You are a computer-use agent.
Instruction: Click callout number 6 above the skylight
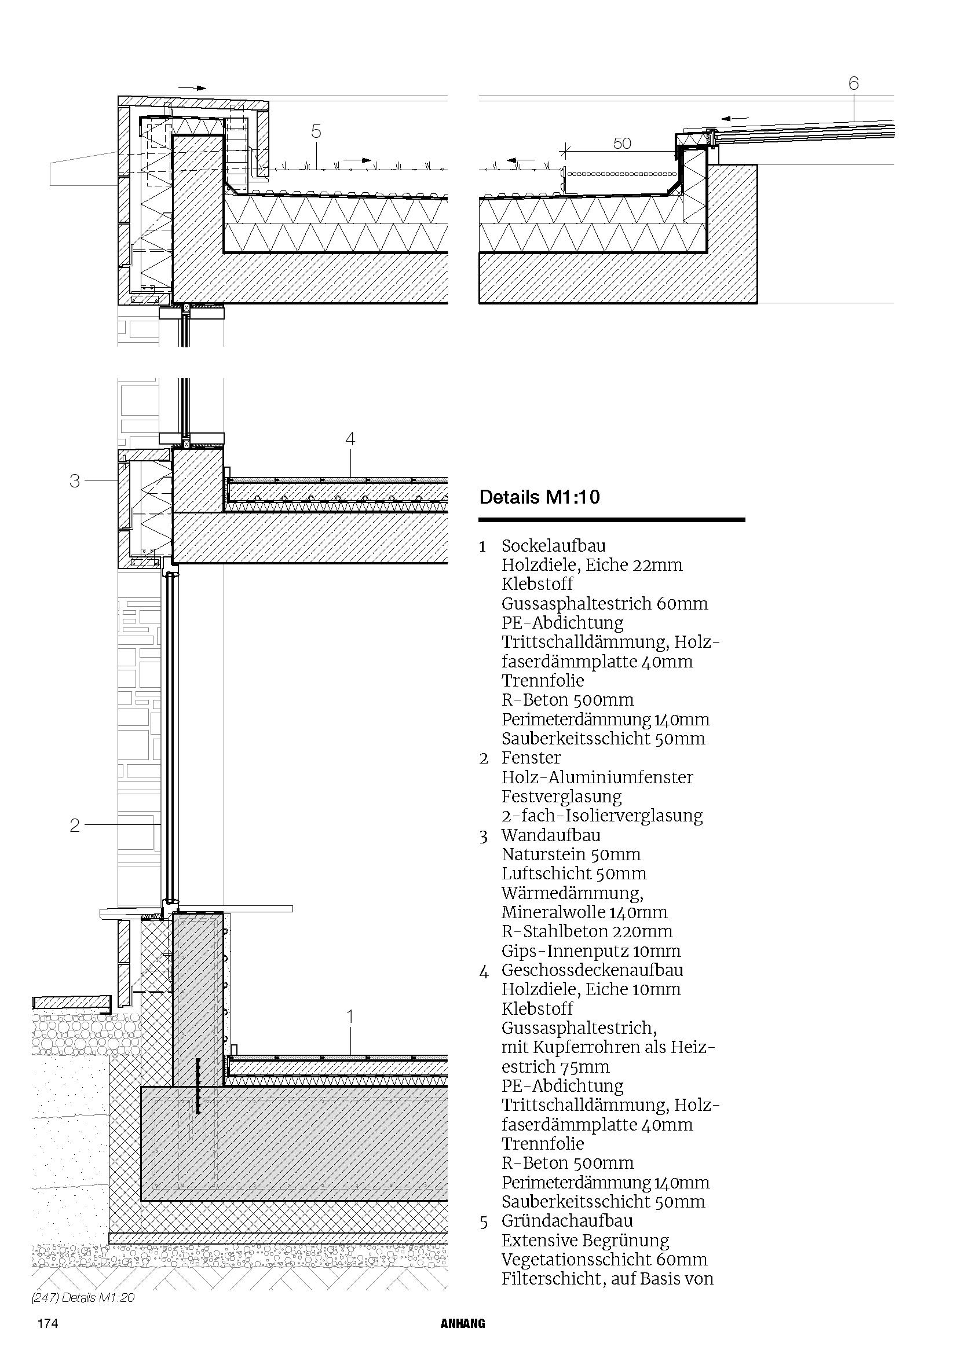pos(853,84)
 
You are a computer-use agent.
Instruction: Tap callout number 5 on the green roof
pos(316,131)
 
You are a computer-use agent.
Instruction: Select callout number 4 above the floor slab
pos(350,439)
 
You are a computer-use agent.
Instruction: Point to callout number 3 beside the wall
pos(74,481)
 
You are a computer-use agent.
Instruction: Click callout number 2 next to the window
pos(74,825)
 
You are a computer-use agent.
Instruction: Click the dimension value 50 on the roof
pos(621,144)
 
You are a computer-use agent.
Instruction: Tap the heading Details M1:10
pos(539,497)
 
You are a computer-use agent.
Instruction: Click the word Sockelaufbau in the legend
pos(553,545)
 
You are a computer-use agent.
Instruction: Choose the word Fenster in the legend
pos(531,757)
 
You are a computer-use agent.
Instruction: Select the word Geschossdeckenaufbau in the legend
pos(593,970)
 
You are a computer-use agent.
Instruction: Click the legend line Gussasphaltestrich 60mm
pos(605,603)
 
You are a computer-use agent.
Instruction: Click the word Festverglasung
pos(562,797)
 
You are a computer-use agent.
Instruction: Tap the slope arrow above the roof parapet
pos(192,88)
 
